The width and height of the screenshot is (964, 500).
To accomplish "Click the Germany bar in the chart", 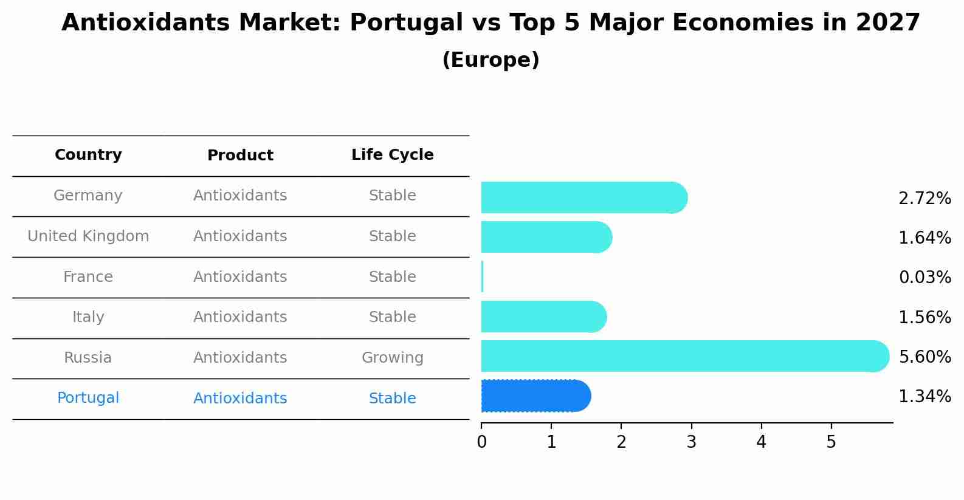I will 584,197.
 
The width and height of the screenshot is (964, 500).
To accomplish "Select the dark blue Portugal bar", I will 535,396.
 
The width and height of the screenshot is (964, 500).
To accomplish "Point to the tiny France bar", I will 482,277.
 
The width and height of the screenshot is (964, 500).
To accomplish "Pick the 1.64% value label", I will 924,238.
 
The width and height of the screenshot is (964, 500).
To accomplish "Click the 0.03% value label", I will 924,278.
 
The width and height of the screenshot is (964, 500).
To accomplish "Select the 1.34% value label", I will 924,397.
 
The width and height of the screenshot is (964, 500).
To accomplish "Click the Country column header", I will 88,155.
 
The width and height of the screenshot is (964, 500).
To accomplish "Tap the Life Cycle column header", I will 392,155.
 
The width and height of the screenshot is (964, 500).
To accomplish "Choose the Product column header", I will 240,156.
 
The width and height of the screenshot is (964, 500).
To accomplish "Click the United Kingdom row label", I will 88,236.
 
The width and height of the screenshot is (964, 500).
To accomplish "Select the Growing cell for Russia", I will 392,358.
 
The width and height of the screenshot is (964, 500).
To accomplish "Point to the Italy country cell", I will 88,317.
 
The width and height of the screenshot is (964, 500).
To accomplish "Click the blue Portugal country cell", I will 88,398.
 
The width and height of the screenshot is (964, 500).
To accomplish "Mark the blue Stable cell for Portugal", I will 392,399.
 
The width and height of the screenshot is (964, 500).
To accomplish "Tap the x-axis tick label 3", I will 691,442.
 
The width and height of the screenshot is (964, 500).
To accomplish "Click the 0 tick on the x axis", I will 481,442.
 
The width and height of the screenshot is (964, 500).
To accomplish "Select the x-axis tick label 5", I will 831,442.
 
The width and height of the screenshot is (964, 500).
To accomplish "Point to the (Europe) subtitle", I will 491,60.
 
